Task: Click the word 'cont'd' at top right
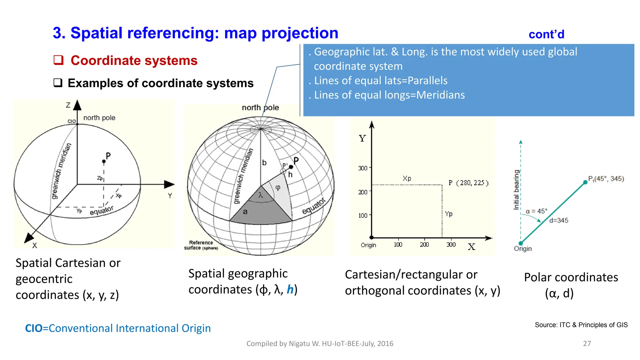pos(546,34)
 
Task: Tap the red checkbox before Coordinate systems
pos(58,60)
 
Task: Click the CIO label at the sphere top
pos(72,121)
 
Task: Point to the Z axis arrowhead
pos(77,105)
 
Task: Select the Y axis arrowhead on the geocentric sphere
pos(169,184)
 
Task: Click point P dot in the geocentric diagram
pos(104,162)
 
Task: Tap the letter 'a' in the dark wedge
pos(245,212)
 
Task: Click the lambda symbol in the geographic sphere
pos(261,196)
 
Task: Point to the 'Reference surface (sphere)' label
pos(201,245)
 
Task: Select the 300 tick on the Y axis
pos(363,168)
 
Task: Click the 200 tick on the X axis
pos(424,244)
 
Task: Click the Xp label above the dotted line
pos(407,178)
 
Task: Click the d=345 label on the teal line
pos(559,220)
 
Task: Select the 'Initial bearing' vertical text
pos(517,190)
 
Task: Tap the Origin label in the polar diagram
pos(522,248)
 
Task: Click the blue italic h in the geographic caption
pos(290,289)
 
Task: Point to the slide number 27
pos(587,343)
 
